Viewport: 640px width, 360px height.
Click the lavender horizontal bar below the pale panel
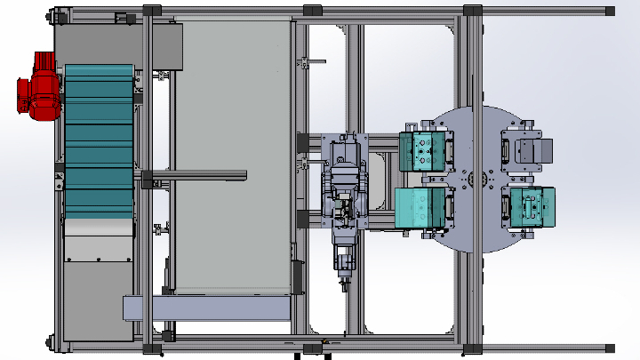(x=206, y=308)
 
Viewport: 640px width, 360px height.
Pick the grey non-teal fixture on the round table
(x=527, y=152)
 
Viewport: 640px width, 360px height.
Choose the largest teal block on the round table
(x=420, y=207)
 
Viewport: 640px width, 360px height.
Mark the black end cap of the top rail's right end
(x=610, y=11)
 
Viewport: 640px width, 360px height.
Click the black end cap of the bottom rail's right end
(x=610, y=346)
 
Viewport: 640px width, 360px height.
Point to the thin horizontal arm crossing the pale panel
(x=196, y=172)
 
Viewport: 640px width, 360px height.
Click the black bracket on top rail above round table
(x=472, y=11)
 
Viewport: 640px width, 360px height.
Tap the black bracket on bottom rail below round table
(x=472, y=348)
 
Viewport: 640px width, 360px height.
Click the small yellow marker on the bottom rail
(x=325, y=342)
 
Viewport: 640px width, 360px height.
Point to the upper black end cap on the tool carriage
(x=302, y=140)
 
